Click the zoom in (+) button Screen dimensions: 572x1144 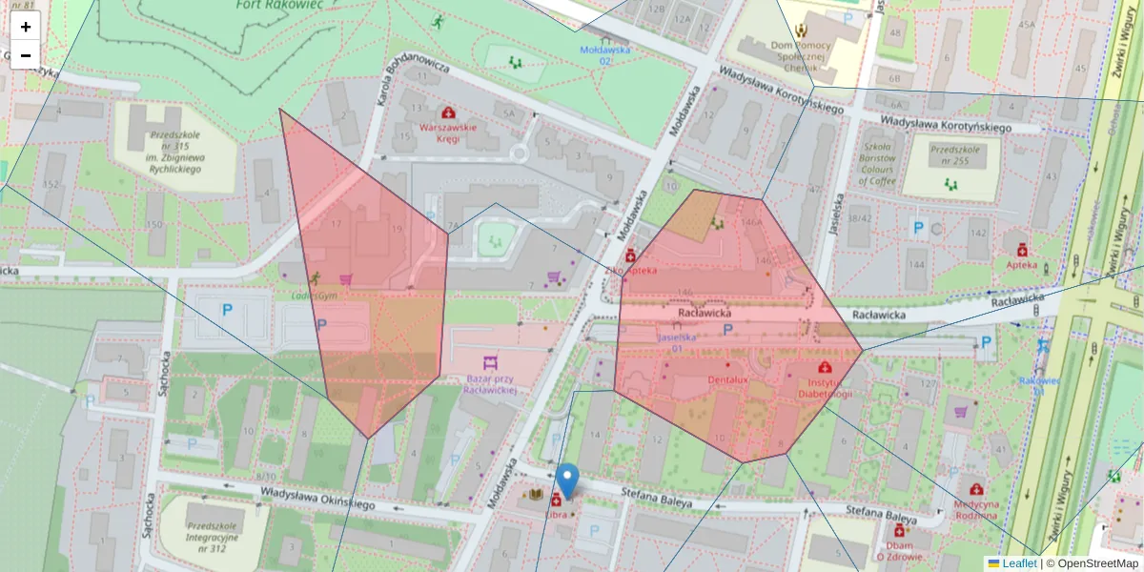pyautogui.click(x=26, y=27)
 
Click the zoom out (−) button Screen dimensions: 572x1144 pyautogui.click(x=26, y=55)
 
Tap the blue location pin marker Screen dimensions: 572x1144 pyautogui.click(x=568, y=480)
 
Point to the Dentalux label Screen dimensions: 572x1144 pyautogui.click(x=728, y=378)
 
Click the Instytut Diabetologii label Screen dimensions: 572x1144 pyautogui.click(x=825, y=387)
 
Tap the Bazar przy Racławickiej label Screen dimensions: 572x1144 pyautogui.click(x=490, y=384)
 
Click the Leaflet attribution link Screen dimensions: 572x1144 pyautogui.click(x=1019, y=563)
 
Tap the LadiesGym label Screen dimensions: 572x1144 pyautogui.click(x=315, y=296)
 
